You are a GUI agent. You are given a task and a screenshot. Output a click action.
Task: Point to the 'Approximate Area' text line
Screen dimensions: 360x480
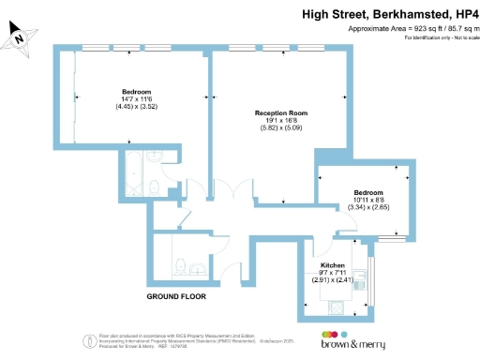tap(413, 29)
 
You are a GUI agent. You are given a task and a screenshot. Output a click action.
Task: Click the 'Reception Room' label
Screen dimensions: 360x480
tap(281, 112)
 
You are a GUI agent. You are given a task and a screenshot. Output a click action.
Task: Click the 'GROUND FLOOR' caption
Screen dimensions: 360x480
tap(175, 296)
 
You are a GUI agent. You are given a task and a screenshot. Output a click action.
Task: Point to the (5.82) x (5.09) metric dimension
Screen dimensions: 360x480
tap(281, 127)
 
